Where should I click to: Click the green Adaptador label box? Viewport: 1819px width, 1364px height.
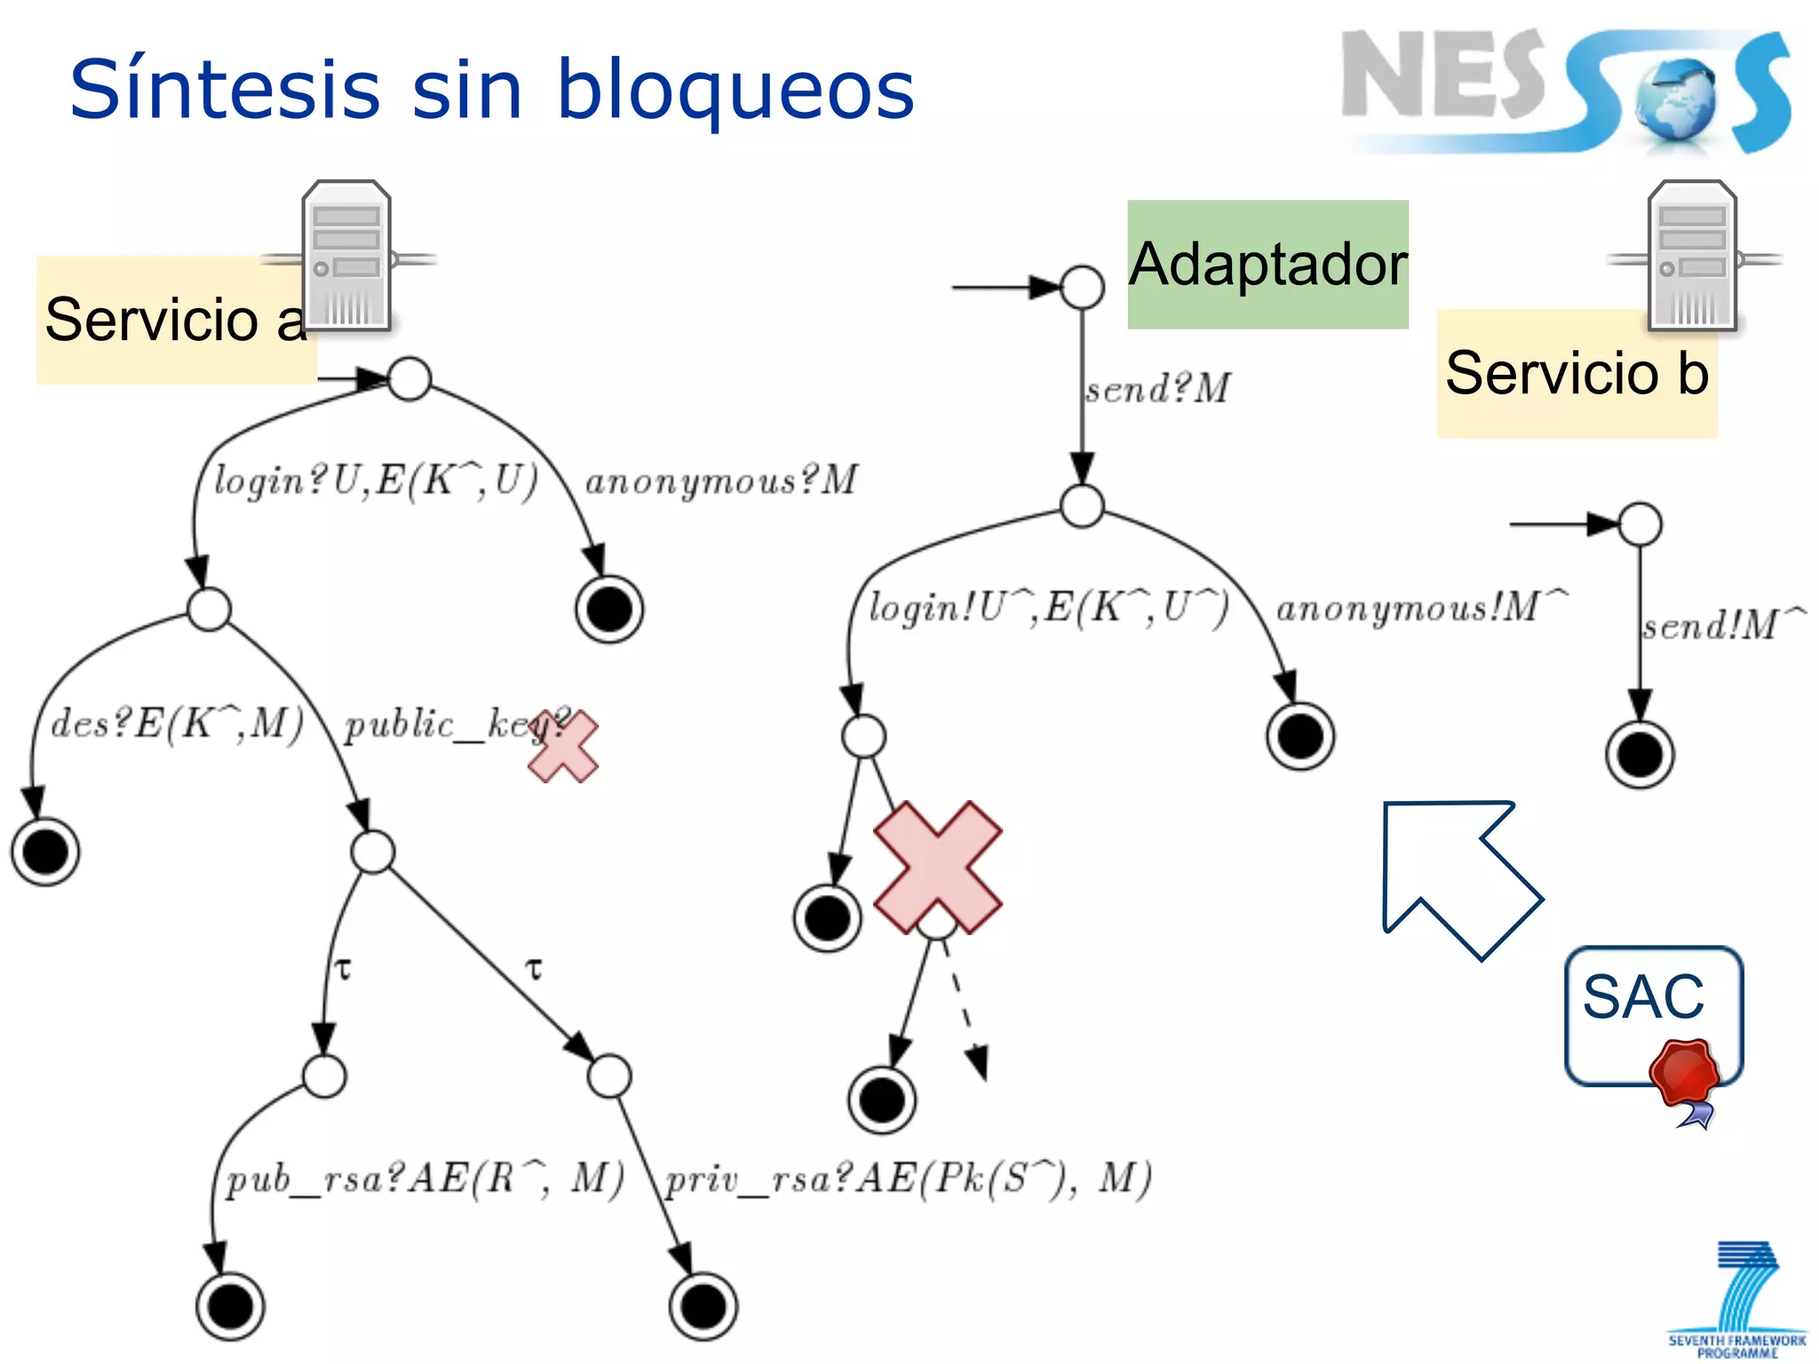tap(1267, 265)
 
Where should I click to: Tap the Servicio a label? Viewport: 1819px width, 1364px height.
tap(176, 320)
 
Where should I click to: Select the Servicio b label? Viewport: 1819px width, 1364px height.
tap(1577, 373)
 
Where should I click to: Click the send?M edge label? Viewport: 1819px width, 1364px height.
tap(1157, 389)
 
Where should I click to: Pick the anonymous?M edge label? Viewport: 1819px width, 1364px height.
tap(720, 480)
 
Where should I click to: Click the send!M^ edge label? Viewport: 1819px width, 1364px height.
tap(1721, 625)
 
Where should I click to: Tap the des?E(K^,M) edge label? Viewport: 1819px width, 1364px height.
tap(177, 724)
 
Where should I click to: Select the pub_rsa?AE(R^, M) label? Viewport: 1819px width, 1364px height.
tap(425, 1179)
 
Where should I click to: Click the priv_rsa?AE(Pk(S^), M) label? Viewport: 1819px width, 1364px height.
tap(908, 1179)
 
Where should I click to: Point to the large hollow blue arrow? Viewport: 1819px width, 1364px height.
tap(1457, 875)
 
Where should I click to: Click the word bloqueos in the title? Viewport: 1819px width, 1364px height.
tap(735, 91)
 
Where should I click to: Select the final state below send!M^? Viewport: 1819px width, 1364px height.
tap(1640, 756)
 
